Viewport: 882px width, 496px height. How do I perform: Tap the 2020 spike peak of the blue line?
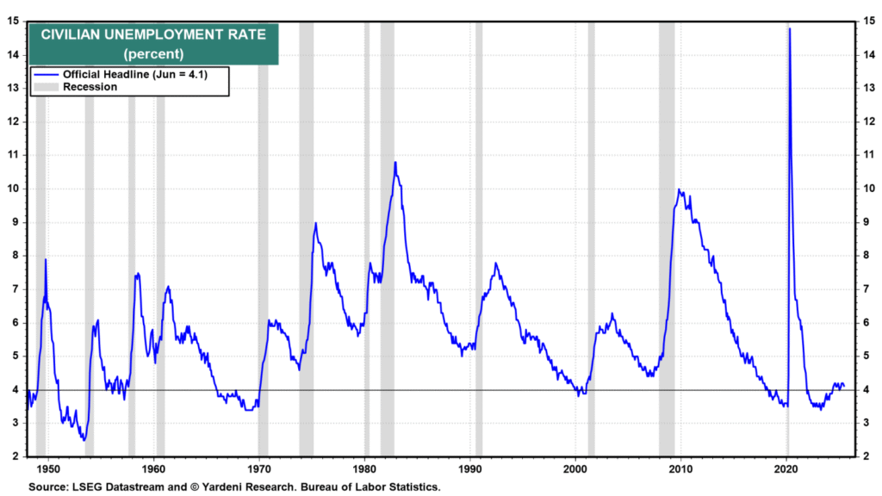(789, 29)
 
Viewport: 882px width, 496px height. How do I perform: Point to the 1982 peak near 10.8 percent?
(395, 162)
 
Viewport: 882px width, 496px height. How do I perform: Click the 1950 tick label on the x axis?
(48, 470)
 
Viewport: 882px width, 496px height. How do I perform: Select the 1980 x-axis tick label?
(365, 470)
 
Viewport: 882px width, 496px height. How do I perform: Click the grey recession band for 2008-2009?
(666, 241)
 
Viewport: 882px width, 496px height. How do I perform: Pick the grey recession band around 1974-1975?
(307, 241)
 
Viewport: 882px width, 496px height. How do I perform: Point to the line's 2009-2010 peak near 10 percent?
(680, 190)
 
